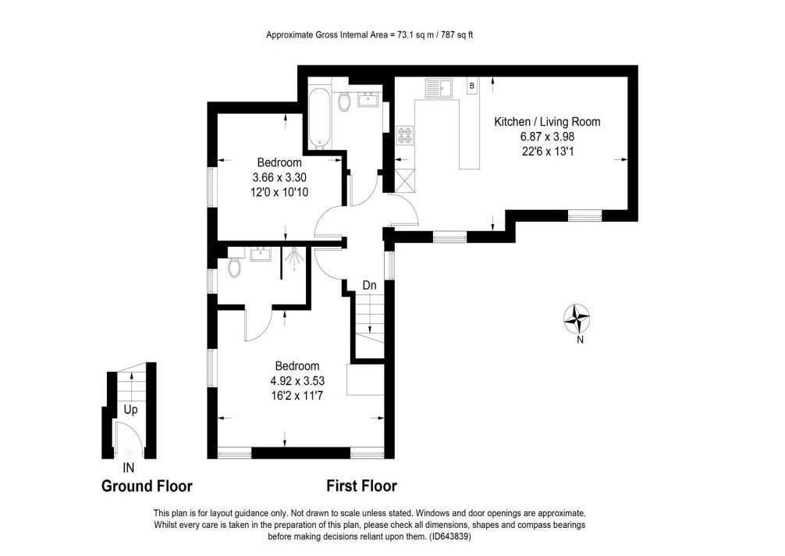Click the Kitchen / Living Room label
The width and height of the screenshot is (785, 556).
point(547,122)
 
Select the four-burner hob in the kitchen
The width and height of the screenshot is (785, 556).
point(404,134)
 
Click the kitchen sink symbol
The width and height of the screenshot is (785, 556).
point(439,88)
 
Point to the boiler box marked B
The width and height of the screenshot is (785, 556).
point(471,86)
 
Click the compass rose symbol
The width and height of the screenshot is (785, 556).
point(577,319)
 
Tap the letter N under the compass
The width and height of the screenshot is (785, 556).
point(580,340)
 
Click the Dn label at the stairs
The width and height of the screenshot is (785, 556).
point(369,286)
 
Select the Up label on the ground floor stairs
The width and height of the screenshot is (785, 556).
point(130,410)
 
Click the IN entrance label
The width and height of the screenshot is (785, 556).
point(129,468)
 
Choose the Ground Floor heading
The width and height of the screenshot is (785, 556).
point(147,486)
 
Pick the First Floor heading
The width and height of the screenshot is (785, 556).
point(361,486)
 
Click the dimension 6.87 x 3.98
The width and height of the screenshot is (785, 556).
point(547,136)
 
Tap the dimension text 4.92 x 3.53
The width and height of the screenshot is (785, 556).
point(297,380)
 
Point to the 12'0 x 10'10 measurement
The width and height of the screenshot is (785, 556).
point(279,192)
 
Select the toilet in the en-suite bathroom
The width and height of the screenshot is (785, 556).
point(233,267)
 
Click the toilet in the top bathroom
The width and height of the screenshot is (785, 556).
point(343,102)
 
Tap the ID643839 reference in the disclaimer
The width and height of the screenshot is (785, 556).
point(449,536)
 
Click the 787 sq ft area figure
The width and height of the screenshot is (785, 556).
point(456,35)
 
